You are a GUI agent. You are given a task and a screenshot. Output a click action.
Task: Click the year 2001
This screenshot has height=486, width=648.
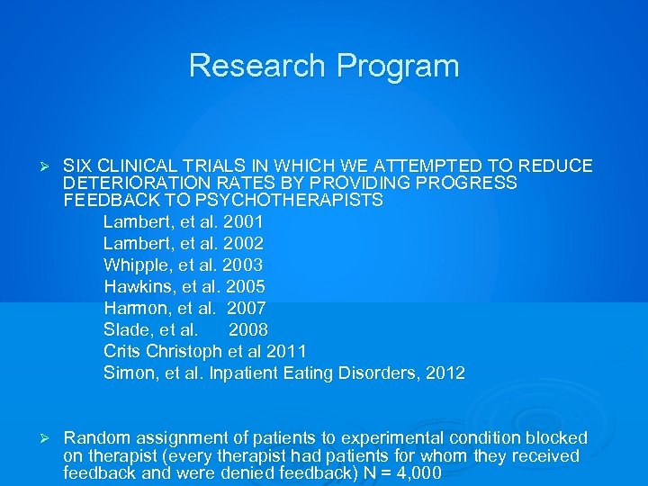244,221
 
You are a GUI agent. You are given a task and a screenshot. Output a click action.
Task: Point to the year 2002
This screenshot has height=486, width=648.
244,243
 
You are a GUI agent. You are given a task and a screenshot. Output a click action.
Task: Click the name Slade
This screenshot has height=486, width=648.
126,329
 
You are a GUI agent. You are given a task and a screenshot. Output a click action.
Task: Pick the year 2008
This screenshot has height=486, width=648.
248,329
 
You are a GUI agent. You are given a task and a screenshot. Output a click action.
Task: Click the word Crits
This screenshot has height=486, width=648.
123,351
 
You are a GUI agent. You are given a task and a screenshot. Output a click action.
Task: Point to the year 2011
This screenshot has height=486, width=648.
287,351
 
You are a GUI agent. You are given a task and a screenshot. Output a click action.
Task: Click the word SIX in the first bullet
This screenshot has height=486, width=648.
78,166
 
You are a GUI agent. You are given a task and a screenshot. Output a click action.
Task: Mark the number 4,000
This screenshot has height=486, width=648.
417,472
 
